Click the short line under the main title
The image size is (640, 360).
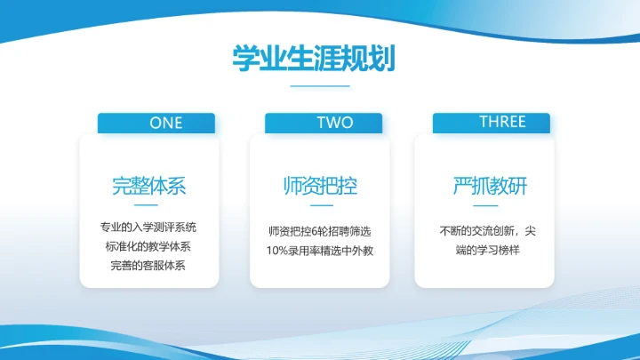pos(320,86)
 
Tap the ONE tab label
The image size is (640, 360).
pos(156,123)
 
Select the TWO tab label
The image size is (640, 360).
pos(323,123)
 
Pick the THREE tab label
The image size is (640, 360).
pos(491,122)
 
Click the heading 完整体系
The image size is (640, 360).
pos(148,187)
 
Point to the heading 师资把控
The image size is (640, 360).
pos(319,187)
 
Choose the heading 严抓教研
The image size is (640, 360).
pos(490,187)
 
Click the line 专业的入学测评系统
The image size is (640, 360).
pos(148,228)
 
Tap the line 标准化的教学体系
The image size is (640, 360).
pos(148,247)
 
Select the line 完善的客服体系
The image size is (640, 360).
pos(148,266)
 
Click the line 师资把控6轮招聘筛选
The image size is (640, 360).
pos(319,231)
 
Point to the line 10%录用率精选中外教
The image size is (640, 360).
pos(319,251)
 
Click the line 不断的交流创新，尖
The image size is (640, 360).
pos(490,231)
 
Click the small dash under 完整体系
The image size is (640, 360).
pos(148,206)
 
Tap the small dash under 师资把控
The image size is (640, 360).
pos(319,206)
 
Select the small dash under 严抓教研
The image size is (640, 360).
pos(490,206)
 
